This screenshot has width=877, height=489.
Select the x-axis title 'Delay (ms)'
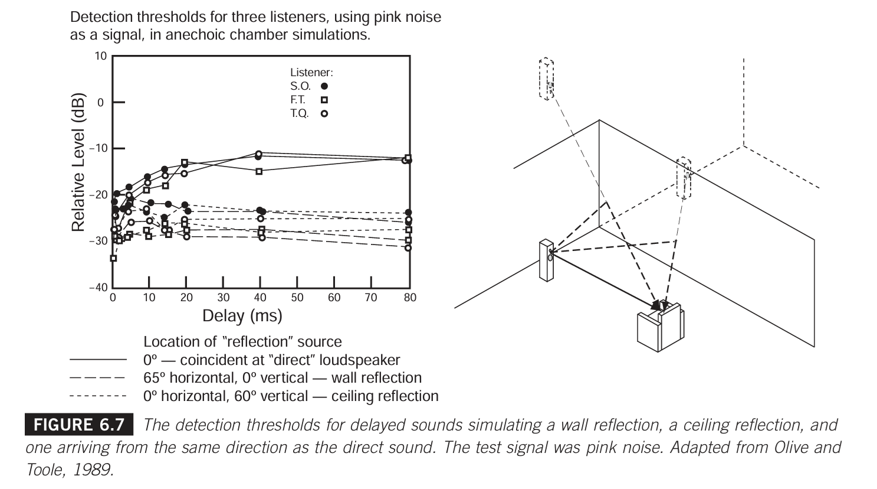coord(242,316)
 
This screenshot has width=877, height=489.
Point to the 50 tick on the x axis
coord(297,298)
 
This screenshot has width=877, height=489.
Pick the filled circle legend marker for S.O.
coord(324,86)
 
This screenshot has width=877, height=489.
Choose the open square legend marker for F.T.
coord(324,100)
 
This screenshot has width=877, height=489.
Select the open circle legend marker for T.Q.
coord(324,113)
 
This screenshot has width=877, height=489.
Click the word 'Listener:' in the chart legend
coord(311,73)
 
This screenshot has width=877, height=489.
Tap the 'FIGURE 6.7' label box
coord(79,425)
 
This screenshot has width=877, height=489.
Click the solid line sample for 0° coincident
coord(98,360)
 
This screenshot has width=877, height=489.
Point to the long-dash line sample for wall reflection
coord(98,378)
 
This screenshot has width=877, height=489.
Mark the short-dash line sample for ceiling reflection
coord(98,396)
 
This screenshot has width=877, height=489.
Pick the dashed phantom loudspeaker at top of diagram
coord(547,79)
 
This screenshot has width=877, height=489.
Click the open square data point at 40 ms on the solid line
coord(259,171)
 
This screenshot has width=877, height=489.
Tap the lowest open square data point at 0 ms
coord(113,258)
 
